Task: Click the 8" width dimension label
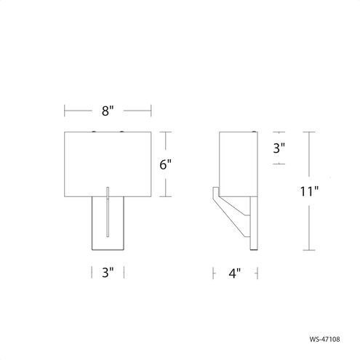[x=108, y=111]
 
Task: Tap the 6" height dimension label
[x=165, y=164]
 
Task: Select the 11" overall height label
[x=309, y=191]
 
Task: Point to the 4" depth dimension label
[x=235, y=273]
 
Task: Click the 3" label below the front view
[x=108, y=272]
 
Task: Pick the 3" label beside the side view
[x=279, y=148]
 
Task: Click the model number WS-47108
[x=324, y=339]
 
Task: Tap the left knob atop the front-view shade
[x=94, y=132]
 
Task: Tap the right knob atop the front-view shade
[x=121, y=132]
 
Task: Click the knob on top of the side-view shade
[x=254, y=132]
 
